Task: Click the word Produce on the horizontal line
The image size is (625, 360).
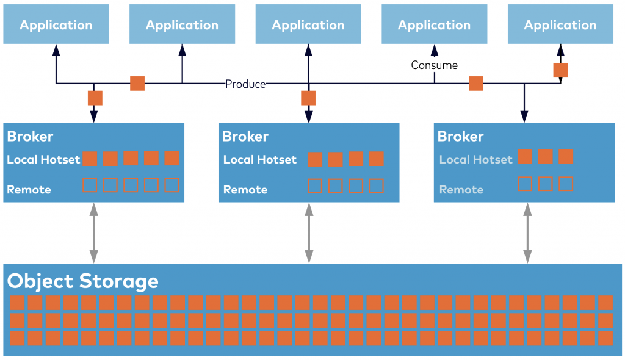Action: coord(245,84)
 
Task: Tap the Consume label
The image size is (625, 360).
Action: coord(434,65)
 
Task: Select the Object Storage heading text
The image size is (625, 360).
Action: coord(83,281)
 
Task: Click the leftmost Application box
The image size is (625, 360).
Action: coord(56,24)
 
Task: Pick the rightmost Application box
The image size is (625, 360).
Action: coord(560,24)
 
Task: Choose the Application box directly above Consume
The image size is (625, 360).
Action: coord(434,24)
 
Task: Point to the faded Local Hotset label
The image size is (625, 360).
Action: coord(475,159)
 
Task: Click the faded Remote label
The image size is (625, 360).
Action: coord(461,190)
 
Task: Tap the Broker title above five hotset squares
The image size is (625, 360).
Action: coord(30,137)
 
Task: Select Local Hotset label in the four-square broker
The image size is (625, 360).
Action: coord(259,159)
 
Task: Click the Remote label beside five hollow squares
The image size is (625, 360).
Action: coord(29,190)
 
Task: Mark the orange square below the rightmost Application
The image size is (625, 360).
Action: coord(560,70)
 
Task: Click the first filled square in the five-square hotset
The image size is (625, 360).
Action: coord(90,159)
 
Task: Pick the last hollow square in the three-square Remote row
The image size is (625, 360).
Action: coord(566,184)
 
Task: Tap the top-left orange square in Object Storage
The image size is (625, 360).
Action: coord(17,303)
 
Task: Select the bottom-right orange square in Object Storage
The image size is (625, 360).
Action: coord(605,338)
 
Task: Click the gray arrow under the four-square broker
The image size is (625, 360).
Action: coord(308,233)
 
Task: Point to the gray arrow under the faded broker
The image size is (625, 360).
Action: coord(524,233)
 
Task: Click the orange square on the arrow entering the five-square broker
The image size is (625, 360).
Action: coord(95,98)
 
